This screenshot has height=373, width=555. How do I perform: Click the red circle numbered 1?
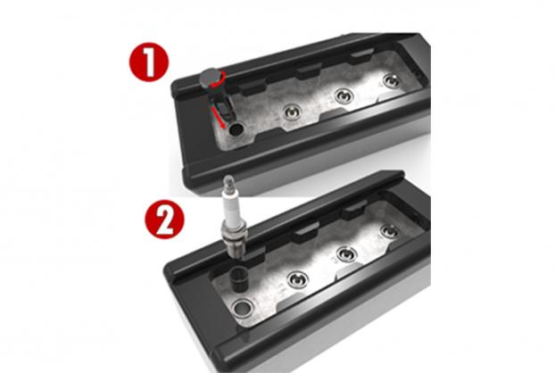149,62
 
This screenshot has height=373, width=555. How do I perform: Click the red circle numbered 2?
164,220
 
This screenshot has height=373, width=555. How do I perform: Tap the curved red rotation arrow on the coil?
219,80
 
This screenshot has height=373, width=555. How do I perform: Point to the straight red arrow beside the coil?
218,117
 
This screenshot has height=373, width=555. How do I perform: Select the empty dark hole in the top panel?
236,128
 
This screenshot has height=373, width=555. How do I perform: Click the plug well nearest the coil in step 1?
293,112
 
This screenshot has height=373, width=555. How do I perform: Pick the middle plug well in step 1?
344,95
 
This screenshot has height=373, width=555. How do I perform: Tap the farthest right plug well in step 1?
392,81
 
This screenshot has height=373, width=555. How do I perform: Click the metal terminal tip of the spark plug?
228,182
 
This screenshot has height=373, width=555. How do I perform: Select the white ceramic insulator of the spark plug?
229,206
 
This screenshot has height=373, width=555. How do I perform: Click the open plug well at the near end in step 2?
244,308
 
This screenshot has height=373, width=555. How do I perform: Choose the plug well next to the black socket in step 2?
297,280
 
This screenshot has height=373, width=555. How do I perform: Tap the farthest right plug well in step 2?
391,232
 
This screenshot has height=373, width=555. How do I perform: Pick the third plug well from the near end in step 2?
346,254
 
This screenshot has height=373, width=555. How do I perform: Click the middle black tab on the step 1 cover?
309,71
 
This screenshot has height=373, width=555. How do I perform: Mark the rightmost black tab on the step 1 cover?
361,56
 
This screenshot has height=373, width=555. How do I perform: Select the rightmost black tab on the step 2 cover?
354,209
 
